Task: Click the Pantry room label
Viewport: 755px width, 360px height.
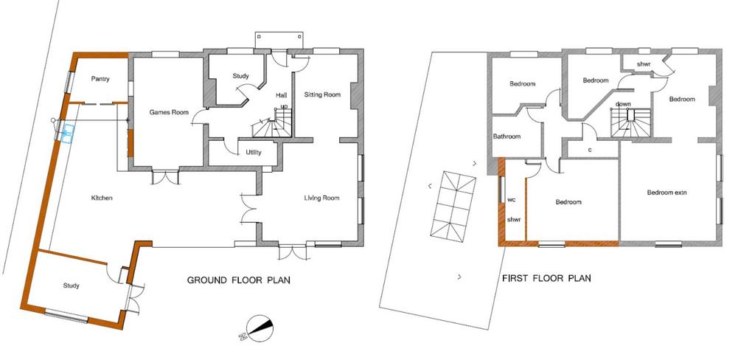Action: (100, 79)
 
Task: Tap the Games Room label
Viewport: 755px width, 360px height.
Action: (167, 112)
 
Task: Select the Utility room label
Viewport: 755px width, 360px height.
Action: (254, 153)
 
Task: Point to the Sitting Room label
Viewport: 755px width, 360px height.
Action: (322, 94)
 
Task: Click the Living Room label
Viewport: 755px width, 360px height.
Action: (321, 198)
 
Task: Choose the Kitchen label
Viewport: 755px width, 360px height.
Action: (102, 198)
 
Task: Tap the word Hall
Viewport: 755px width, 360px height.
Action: (281, 95)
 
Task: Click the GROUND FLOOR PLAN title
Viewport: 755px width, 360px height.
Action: (238, 280)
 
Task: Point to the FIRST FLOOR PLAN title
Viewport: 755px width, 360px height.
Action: (546, 278)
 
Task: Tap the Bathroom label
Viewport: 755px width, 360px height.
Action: (507, 136)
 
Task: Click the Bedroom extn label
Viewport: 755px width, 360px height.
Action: (667, 193)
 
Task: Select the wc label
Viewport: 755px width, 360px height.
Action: (512, 199)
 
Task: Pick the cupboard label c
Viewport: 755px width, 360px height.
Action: (590, 150)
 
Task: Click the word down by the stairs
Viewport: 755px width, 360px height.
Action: (623, 104)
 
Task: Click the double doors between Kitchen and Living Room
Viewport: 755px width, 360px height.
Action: (248, 208)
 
